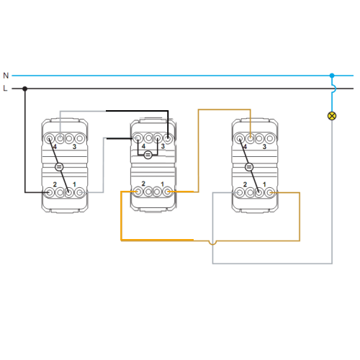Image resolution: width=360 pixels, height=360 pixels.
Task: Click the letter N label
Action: tap(6, 76)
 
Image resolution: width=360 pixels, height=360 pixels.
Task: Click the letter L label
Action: tap(5, 89)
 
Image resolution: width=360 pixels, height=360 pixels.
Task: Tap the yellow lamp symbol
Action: tap(332, 116)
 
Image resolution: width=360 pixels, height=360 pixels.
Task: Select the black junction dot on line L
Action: tap(24, 89)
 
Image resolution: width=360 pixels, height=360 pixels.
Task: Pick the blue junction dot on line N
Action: tap(332, 76)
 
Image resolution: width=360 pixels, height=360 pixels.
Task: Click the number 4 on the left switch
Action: tap(55, 147)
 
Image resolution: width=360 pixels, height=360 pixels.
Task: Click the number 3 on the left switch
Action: tap(74, 146)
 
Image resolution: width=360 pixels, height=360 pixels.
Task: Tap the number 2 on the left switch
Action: tap(55, 184)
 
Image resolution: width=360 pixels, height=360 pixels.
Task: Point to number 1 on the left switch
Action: tap(74, 184)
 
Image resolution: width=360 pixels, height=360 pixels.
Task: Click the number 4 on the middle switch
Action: tap(143, 146)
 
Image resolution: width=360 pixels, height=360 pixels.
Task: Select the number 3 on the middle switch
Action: tap(163, 146)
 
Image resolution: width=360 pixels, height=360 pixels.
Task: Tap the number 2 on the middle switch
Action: tap(143, 184)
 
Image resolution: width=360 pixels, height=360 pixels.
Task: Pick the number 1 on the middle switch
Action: tap(163, 184)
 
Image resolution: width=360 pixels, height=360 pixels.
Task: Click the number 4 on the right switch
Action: tap(245, 147)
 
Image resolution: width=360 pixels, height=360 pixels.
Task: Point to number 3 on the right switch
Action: tap(264, 146)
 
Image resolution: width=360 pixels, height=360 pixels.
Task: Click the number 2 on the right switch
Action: tap(245, 184)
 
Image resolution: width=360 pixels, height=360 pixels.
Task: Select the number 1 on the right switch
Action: tap(264, 184)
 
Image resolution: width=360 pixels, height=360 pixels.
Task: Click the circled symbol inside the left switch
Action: tap(59, 167)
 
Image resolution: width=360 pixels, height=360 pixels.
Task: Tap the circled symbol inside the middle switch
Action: tap(148, 155)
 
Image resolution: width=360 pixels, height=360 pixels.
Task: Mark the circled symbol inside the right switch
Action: tap(249, 167)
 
